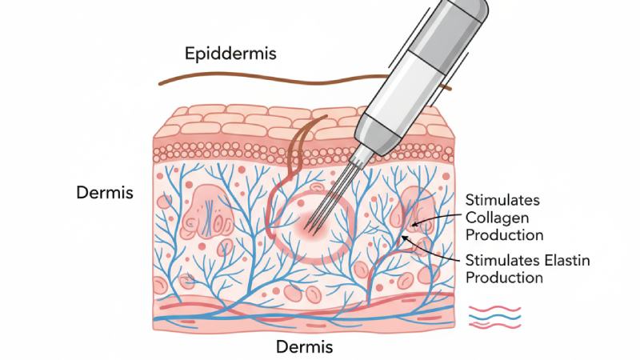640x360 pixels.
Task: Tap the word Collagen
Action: pos(494,217)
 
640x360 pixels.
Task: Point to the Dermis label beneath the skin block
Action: pos(304,347)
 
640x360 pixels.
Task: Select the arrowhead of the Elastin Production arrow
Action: pos(409,238)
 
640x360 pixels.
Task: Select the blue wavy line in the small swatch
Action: pos(494,317)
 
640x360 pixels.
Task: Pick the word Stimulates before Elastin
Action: pos(501,259)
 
